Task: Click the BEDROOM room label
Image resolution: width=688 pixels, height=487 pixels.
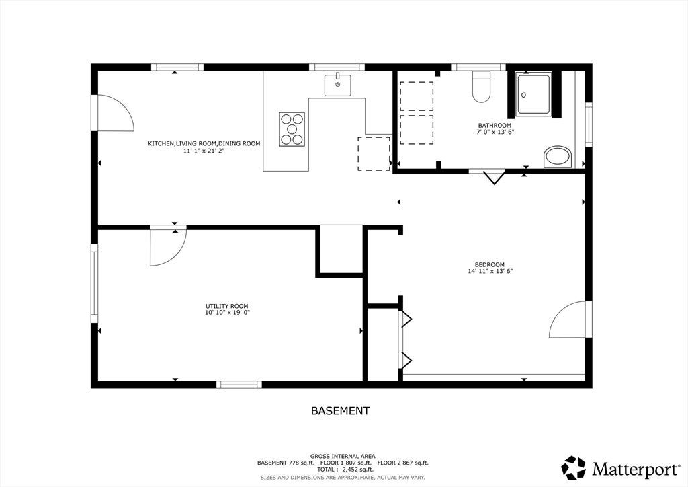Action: (489, 265)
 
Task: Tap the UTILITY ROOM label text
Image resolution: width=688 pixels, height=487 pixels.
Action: (227, 307)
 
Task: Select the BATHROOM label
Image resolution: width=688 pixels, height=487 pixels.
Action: (494, 126)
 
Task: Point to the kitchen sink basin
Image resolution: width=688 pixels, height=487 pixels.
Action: (337, 85)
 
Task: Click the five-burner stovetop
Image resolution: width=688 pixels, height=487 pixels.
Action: (292, 128)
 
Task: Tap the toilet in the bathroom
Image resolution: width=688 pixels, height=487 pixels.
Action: (481, 87)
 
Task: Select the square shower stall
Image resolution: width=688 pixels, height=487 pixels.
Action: (532, 95)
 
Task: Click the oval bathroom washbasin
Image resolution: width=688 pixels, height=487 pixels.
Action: (558, 157)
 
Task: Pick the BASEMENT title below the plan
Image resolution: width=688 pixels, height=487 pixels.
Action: (340, 411)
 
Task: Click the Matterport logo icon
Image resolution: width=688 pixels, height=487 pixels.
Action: (574, 467)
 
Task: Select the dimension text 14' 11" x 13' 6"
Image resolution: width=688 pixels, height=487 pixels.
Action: (490, 271)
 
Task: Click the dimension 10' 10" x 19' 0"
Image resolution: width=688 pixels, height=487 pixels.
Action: (227, 313)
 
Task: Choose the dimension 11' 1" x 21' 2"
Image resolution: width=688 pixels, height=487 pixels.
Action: (204, 151)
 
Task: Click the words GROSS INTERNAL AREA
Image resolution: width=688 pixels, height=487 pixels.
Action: (343, 456)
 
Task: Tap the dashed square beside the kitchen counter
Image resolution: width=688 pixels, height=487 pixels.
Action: (374, 153)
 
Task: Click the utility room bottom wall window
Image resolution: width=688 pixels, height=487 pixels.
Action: (239, 385)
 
